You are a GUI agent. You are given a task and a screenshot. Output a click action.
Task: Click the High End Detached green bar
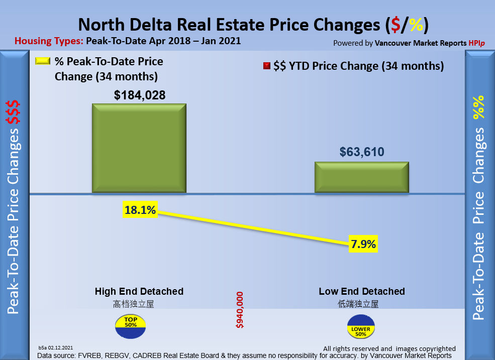point(139,148)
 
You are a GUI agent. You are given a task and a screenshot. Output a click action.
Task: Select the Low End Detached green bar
point(361,177)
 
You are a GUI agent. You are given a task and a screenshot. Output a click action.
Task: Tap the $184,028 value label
point(139,95)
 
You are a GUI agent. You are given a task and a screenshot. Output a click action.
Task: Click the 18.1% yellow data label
point(140,210)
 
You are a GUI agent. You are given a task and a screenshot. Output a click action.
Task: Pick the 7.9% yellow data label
point(362,245)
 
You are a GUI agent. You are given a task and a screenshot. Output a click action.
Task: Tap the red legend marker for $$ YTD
point(266,66)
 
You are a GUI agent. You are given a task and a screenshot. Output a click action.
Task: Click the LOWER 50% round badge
point(361,327)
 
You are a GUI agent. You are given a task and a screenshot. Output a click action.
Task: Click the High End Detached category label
point(139,291)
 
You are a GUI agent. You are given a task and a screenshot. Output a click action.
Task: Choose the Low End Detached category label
point(362,291)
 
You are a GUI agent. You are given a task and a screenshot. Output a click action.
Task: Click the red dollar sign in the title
point(396,25)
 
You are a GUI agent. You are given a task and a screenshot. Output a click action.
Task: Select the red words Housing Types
point(49,41)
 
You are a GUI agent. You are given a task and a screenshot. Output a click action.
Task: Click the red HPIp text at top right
point(478,43)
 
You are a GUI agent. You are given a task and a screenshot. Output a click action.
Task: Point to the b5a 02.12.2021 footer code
point(56,347)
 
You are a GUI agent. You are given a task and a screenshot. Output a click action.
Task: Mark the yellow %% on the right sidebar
point(478,106)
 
